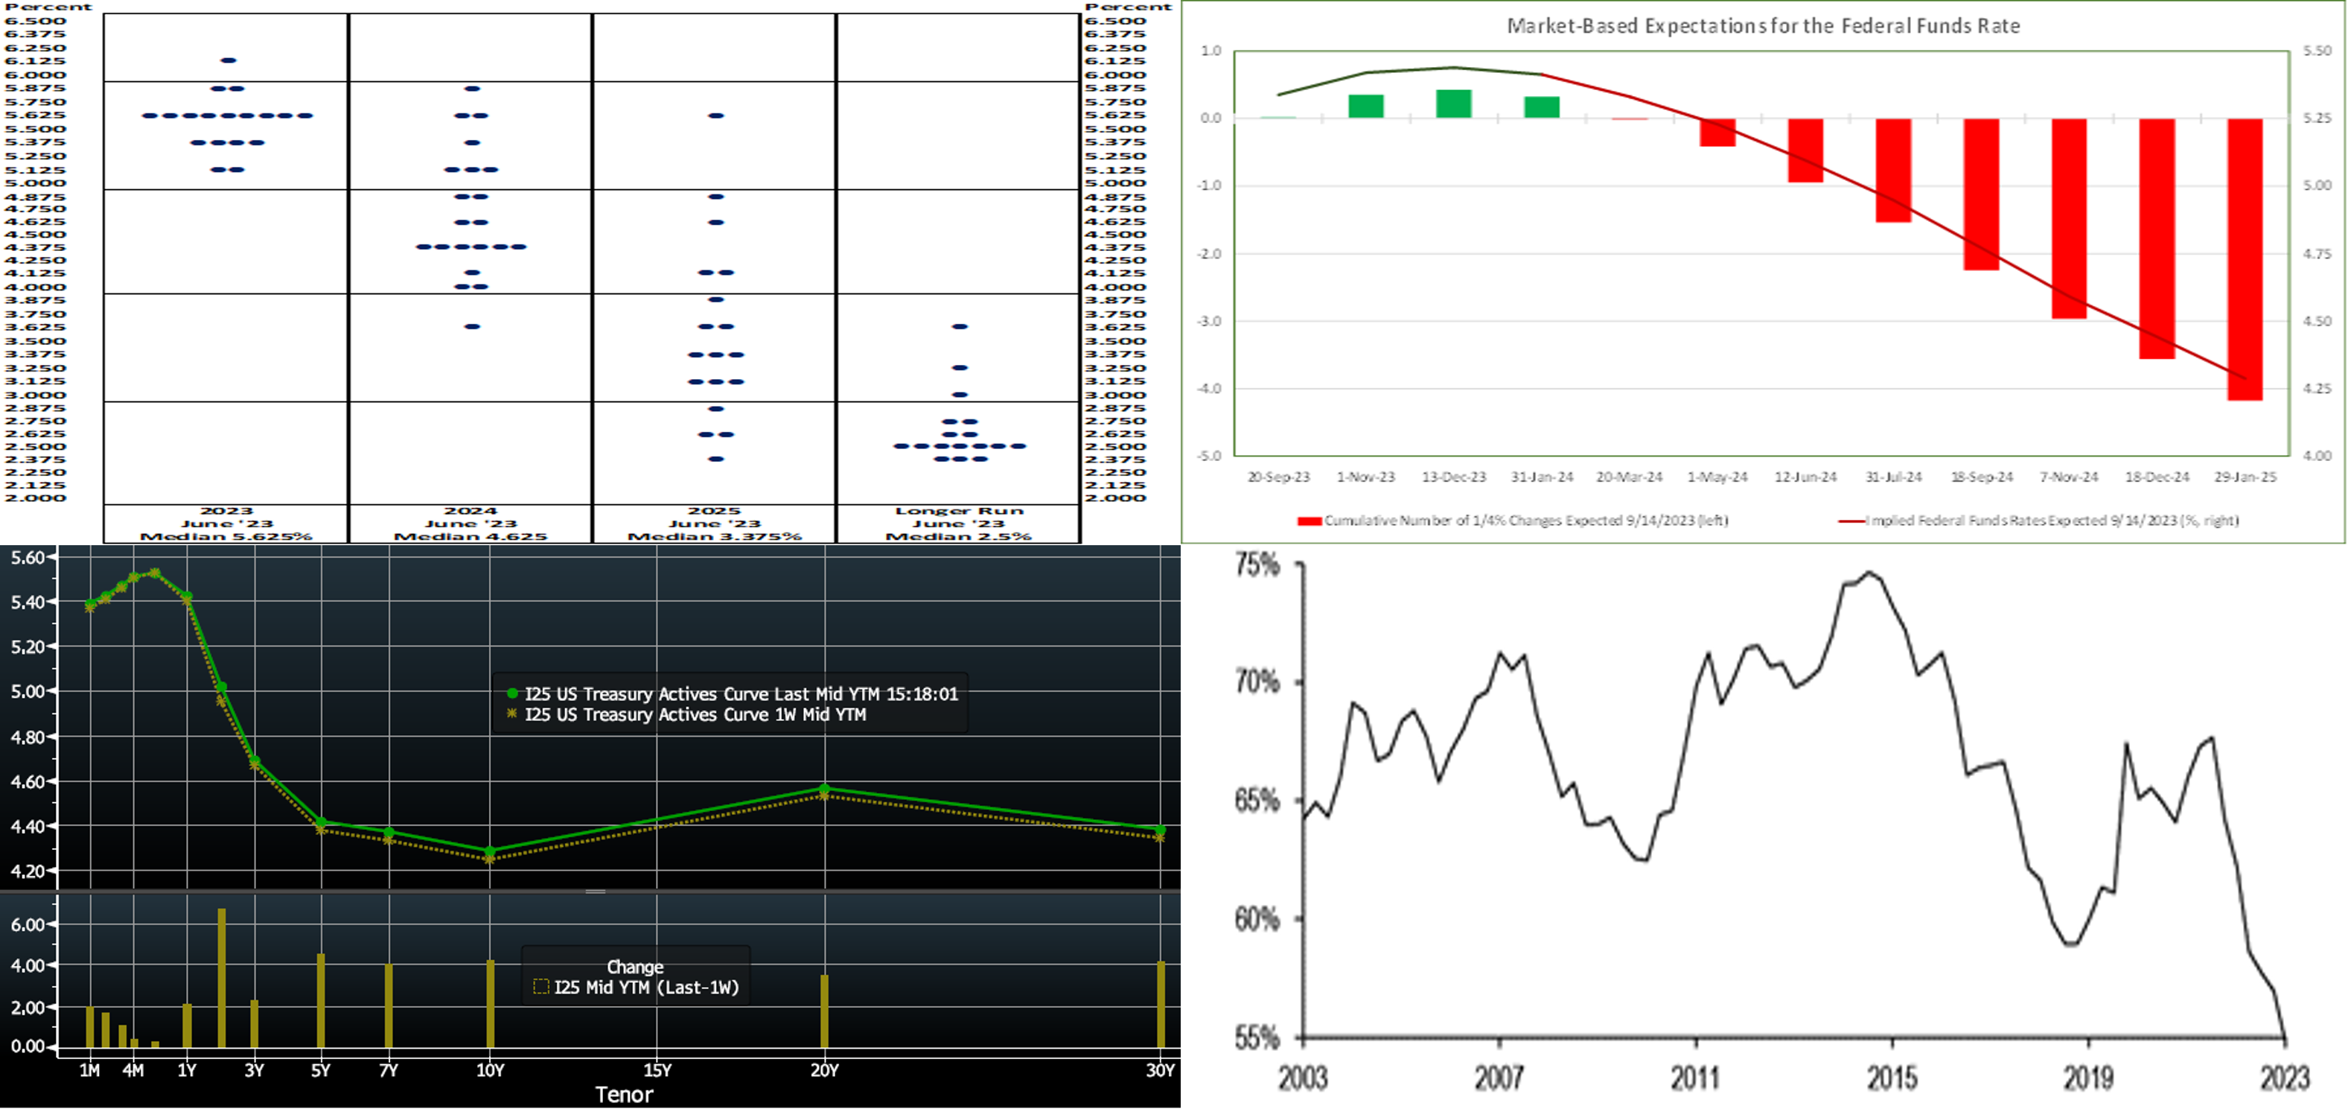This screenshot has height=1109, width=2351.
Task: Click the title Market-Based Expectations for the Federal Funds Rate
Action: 1762,25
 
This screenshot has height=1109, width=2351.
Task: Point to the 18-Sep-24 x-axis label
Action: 1981,477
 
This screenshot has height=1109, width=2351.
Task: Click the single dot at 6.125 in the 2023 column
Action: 228,60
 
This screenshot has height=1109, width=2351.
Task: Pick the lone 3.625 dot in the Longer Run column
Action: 959,326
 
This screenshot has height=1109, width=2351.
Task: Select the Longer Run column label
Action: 958,511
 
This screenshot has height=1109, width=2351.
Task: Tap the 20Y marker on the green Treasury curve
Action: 824,789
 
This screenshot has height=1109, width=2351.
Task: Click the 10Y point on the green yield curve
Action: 490,851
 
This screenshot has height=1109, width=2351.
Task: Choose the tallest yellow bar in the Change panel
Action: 222,976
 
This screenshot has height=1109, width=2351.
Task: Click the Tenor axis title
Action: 625,1094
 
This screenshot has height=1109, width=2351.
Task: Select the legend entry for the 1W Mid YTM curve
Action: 695,715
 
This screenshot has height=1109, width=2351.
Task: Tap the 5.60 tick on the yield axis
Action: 28,557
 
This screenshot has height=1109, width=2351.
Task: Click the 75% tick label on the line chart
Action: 1257,565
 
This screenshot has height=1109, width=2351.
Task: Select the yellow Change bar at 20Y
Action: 824,1011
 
